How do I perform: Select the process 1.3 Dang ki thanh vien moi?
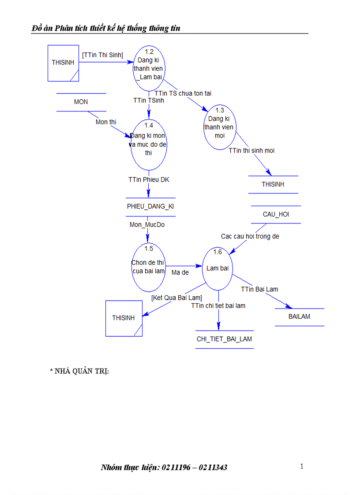(220, 127)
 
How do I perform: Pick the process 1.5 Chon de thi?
(149, 267)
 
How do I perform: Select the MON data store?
(81, 102)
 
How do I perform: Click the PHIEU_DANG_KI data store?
(150, 207)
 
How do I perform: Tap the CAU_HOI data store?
(276, 215)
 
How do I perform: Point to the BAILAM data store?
(299, 316)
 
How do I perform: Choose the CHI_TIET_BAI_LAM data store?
(225, 339)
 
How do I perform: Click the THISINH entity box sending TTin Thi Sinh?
(63, 63)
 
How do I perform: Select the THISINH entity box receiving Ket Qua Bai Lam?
(124, 318)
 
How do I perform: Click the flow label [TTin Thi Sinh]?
(102, 54)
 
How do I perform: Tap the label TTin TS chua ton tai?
(183, 93)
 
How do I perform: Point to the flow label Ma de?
(180, 272)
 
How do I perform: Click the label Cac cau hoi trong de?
(250, 236)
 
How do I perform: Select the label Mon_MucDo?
(147, 225)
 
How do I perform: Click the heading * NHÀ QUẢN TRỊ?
(79, 371)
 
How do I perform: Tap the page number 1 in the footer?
(302, 467)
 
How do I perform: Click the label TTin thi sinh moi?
(251, 151)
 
